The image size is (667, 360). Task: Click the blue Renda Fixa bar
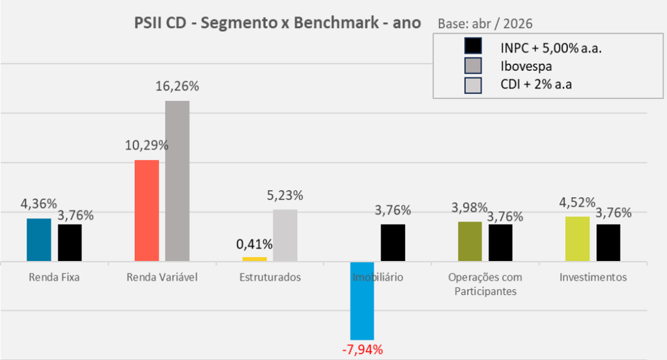(38, 240)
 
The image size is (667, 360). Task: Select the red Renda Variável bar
(147, 210)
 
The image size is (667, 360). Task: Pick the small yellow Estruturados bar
(255, 259)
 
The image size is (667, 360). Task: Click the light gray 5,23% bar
(285, 235)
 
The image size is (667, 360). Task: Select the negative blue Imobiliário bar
(362, 301)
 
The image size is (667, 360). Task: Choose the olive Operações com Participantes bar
(470, 242)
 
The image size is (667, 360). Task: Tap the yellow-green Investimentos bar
(578, 239)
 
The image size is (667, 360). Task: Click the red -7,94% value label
(362, 350)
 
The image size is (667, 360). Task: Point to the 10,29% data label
(147, 145)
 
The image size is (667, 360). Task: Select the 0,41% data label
(255, 244)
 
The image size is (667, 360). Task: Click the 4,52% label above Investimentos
(577, 202)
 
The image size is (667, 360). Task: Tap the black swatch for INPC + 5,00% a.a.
(473, 46)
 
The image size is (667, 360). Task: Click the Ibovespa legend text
(526, 66)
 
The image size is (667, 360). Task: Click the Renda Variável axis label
(162, 277)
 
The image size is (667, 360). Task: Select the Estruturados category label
(270, 277)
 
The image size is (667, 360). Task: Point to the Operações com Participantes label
(485, 284)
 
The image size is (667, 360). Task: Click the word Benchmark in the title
(336, 23)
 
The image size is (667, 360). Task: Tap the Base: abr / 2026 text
(485, 24)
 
